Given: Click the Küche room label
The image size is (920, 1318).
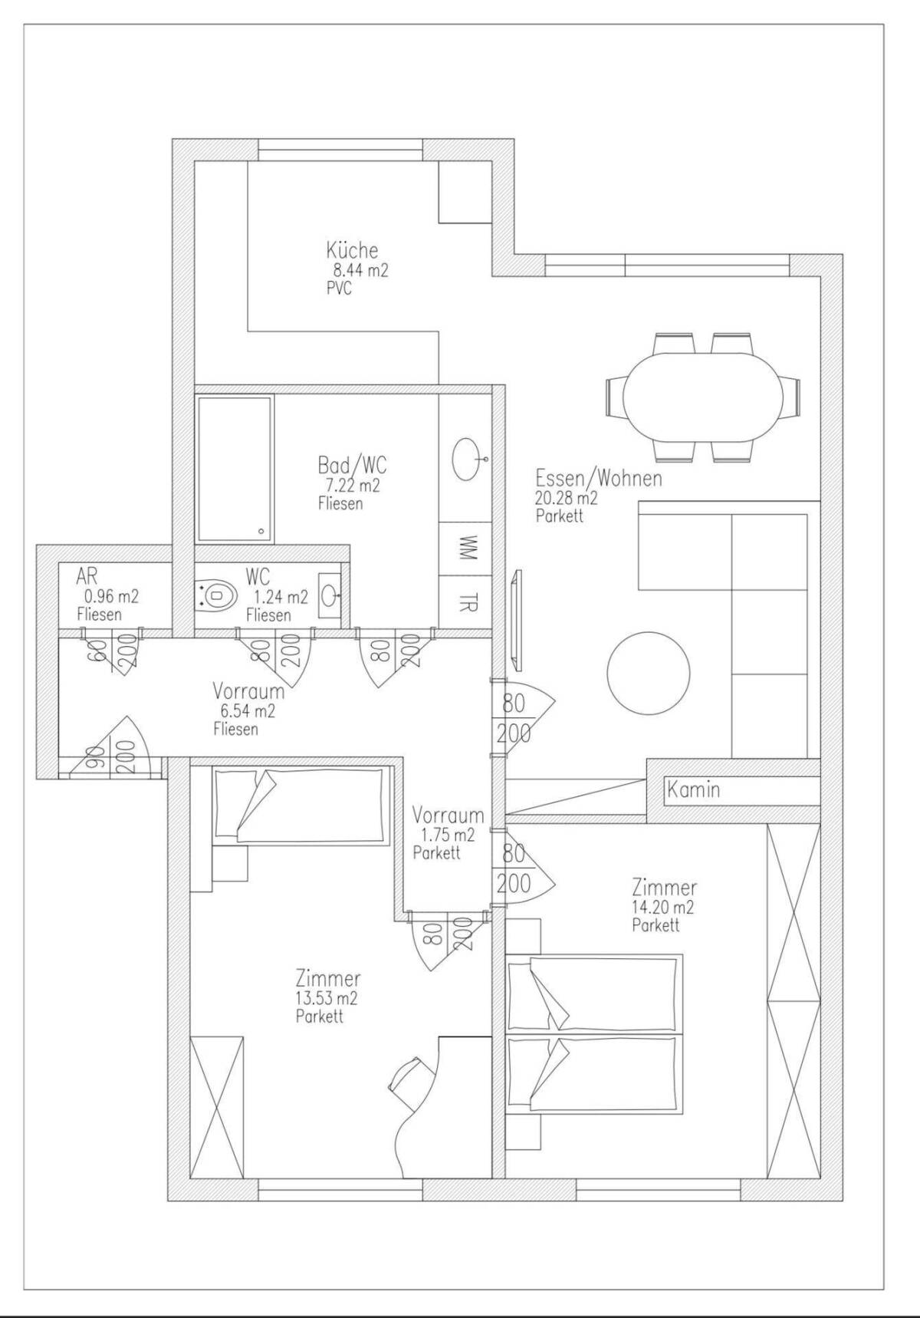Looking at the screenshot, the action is click(352, 250).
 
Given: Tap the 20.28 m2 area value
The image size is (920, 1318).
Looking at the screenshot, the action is click(567, 497).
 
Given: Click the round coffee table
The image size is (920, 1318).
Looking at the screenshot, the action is click(648, 673).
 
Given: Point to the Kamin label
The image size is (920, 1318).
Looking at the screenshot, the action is click(693, 789).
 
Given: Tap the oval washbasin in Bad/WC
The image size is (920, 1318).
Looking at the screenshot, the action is click(467, 459).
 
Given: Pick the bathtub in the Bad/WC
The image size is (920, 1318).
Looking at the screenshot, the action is click(235, 469).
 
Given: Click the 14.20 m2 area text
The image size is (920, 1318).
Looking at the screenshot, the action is click(662, 908).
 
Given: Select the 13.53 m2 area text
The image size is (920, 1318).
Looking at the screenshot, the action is click(327, 999).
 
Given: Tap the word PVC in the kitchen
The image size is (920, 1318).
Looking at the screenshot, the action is click(339, 289).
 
